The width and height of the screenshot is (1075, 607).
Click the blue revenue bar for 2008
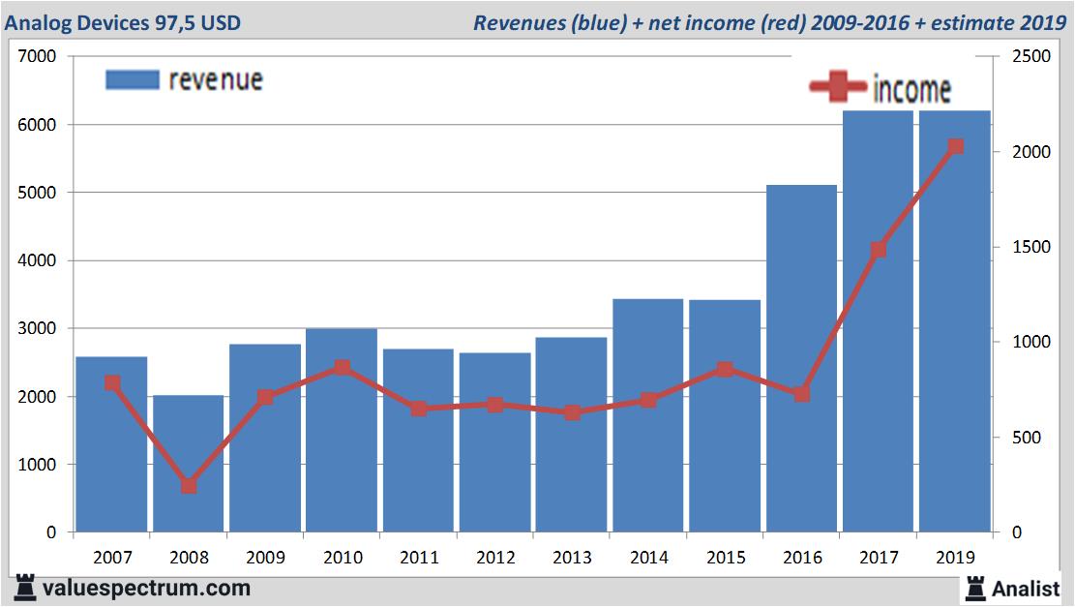189,464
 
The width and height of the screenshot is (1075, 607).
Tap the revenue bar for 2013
572,435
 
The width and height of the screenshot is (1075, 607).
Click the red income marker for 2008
189,486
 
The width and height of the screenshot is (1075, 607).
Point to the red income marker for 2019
956,147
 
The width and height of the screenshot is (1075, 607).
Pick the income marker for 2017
879,250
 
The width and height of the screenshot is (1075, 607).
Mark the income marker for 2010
342,368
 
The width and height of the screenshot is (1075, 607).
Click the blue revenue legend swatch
132,80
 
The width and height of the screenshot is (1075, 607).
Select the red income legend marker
837,87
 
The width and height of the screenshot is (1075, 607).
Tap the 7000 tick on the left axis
38,57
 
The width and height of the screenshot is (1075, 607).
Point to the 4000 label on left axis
38,261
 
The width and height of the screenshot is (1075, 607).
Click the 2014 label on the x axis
648,558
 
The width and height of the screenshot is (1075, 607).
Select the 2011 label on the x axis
418,558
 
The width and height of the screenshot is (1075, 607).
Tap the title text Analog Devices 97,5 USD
123,22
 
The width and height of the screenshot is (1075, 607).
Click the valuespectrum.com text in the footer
146,588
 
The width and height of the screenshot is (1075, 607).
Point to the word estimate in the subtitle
969,22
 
